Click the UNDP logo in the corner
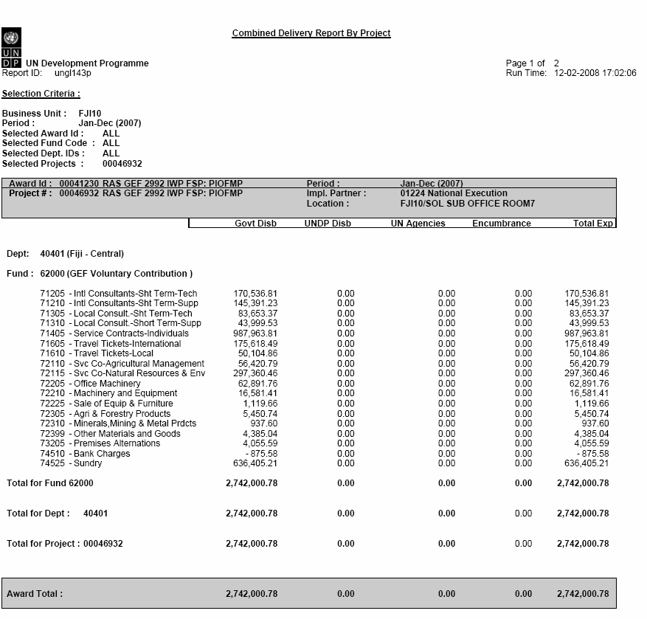[11, 44]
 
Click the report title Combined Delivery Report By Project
[311, 33]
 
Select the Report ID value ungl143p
[72, 73]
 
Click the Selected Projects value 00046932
[122, 163]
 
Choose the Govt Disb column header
[255, 224]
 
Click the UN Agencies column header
[418, 224]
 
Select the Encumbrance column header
[502, 224]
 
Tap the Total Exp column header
[593, 224]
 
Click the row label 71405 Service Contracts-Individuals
[114, 333]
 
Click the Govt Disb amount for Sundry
[252, 463]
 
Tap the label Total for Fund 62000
[50, 483]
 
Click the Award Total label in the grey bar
[35, 593]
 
